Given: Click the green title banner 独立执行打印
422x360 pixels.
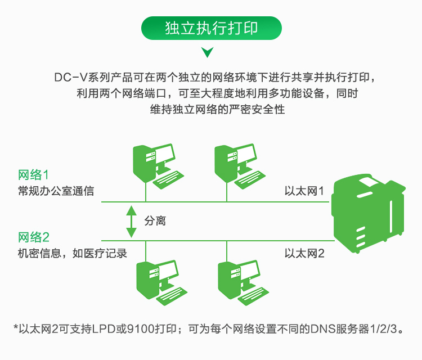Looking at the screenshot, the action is pyautogui.click(x=211, y=28).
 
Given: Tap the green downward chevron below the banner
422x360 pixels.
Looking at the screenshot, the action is pyautogui.click(x=207, y=52).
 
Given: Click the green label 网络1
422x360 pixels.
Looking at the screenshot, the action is pyautogui.click(x=33, y=175).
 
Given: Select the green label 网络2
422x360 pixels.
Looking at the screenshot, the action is pyautogui.click(x=34, y=237).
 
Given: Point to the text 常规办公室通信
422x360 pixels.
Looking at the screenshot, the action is pyautogui.click(x=56, y=191).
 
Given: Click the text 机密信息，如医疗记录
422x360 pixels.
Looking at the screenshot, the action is pyautogui.click(x=72, y=254).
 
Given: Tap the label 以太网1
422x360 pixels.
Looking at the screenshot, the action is pyautogui.click(x=304, y=191).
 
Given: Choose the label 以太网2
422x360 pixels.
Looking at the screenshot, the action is pyautogui.click(x=304, y=254).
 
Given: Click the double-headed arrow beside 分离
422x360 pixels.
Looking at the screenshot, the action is pyautogui.click(x=131, y=222).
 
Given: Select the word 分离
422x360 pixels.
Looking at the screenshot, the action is pyautogui.click(x=155, y=221).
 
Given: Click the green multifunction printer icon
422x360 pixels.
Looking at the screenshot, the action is pyautogui.click(x=369, y=214).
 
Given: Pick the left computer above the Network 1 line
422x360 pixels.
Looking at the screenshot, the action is pyautogui.click(x=158, y=166).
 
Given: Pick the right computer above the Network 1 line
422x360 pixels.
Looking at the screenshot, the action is pyautogui.click(x=240, y=166).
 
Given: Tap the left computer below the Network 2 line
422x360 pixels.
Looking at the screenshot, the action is pyautogui.click(x=161, y=283).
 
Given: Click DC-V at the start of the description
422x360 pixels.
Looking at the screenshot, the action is pyautogui.click(x=71, y=78).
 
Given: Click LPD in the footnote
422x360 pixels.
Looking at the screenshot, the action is pyautogui.click(x=104, y=329).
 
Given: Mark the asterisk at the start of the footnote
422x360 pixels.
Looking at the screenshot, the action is pyautogui.click(x=16, y=327).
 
